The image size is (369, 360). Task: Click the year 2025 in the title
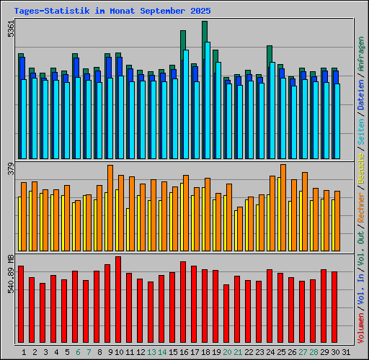pyautogui.click(x=198, y=12)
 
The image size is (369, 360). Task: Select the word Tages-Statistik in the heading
pyautogui.click(x=51, y=12)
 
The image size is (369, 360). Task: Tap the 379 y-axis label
pyautogui.click(x=9, y=169)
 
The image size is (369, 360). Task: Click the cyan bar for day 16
pyautogui.click(x=186, y=104)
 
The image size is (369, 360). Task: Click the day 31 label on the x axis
pyautogui.click(x=345, y=351)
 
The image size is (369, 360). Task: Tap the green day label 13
pyautogui.click(x=151, y=351)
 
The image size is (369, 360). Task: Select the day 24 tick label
pyautogui.click(x=270, y=351)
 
